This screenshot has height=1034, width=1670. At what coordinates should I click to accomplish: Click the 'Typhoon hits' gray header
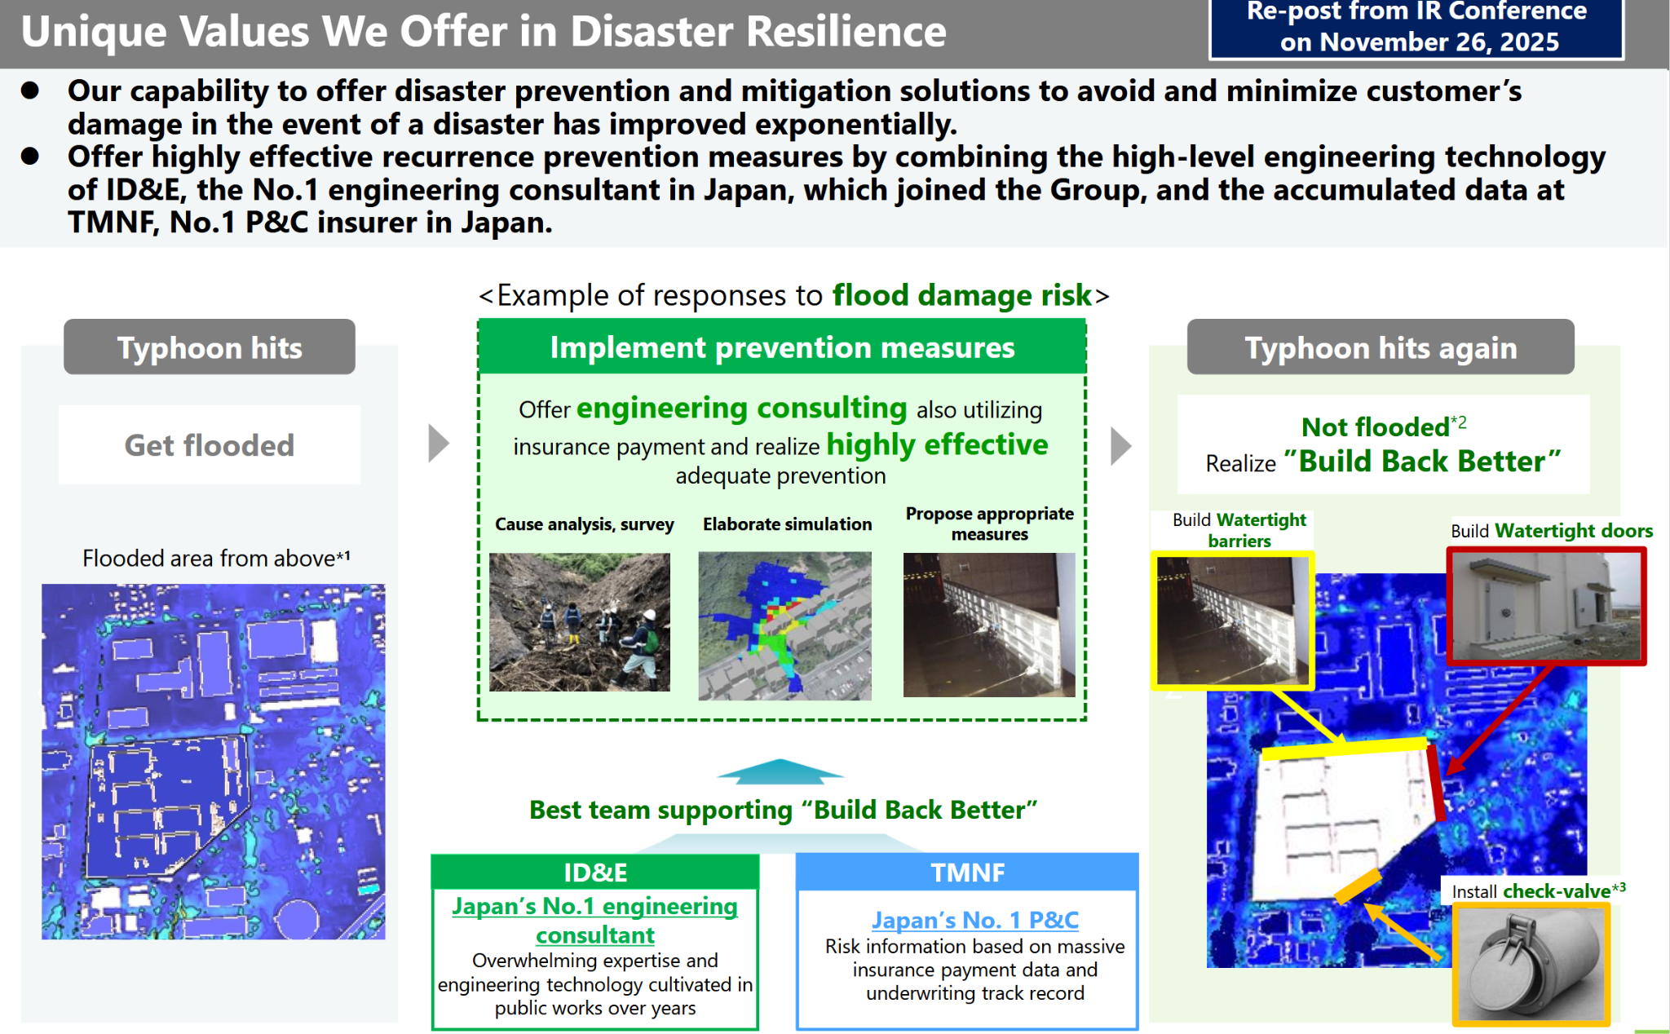pyautogui.click(x=210, y=347)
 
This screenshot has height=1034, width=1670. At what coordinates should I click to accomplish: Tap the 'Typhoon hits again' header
pyautogui.click(x=1381, y=347)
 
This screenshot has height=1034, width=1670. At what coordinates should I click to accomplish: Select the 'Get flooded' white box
pyautogui.click(x=210, y=445)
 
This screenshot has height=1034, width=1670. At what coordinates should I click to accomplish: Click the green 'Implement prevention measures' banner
pyautogui.click(x=782, y=347)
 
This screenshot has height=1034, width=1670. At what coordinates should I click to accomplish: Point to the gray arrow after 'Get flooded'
pyautogui.click(x=439, y=444)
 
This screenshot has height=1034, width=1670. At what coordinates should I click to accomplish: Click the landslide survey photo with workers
pyautogui.click(x=580, y=622)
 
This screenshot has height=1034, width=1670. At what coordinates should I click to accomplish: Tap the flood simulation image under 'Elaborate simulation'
pyautogui.click(x=784, y=625)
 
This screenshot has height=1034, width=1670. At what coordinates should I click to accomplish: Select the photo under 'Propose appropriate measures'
pyautogui.click(x=989, y=625)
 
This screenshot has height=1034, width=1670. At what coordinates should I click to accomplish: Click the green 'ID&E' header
pyautogui.click(x=595, y=873)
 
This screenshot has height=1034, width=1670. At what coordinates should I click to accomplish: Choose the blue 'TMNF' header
pyautogui.click(x=967, y=873)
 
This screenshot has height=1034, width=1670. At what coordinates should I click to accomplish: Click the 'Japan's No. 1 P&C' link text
pyautogui.click(x=975, y=920)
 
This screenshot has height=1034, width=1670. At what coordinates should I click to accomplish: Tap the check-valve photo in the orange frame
pyautogui.click(x=1531, y=964)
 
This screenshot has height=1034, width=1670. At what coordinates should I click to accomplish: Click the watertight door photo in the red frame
pyautogui.click(x=1547, y=606)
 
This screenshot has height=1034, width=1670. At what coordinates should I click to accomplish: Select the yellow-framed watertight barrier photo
pyautogui.click(x=1232, y=621)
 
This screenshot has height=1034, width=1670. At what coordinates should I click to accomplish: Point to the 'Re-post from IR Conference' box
pyautogui.click(x=1416, y=29)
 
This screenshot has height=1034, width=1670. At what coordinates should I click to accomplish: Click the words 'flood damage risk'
pyautogui.click(x=961, y=295)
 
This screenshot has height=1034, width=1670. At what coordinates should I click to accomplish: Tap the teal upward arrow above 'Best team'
pyautogui.click(x=780, y=771)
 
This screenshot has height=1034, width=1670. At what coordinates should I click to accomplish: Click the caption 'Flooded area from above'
pyautogui.click(x=216, y=558)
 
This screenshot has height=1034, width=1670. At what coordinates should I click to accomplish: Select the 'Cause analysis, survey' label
pyautogui.click(x=585, y=524)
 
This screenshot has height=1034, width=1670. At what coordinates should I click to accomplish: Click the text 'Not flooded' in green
pyautogui.click(x=1376, y=426)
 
